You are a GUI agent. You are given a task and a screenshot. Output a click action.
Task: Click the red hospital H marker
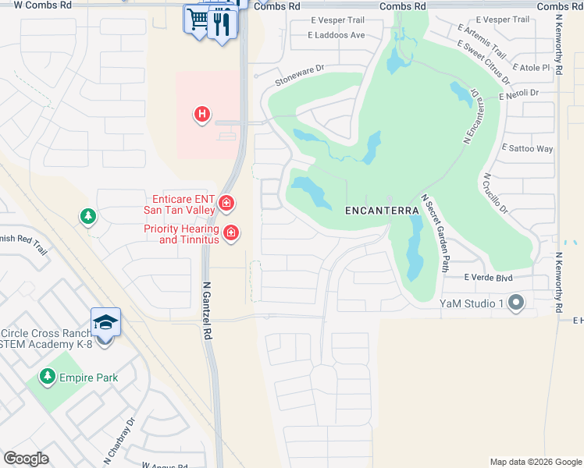[x=202, y=115]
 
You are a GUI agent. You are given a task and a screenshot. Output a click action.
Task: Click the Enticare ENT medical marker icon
[x=226, y=204]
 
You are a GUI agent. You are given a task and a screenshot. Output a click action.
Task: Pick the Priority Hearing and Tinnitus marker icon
[x=230, y=232]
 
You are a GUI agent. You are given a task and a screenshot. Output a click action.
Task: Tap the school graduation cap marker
[x=105, y=322]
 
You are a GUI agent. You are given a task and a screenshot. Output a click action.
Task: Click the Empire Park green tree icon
[x=48, y=378]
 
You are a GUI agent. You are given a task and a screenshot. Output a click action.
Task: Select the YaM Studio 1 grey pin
[x=515, y=303]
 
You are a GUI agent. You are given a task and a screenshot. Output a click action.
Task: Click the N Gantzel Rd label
[x=208, y=310]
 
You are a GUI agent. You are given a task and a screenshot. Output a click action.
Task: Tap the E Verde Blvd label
[x=487, y=278]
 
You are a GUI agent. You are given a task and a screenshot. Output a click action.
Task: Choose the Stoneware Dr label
[x=299, y=75]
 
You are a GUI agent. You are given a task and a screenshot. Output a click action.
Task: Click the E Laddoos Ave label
[x=337, y=35]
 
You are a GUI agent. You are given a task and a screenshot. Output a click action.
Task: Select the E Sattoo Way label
[x=528, y=148]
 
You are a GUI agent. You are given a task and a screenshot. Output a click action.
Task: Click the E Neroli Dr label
[x=519, y=93]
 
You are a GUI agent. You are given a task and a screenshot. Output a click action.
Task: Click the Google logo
[x=26, y=459]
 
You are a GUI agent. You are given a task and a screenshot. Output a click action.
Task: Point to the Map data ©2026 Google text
[x=535, y=462]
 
